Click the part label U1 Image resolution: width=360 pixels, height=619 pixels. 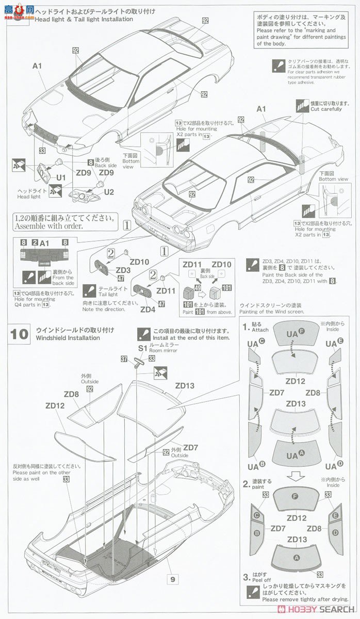click(61, 177)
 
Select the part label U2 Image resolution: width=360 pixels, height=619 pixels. click(108, 192)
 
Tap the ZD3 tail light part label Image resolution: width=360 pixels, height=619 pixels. click(123, 270)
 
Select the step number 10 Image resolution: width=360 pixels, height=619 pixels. click(20, 334)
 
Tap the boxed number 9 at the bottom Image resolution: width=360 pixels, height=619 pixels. click(173, 579)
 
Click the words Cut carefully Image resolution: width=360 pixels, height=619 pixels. click(326, 109)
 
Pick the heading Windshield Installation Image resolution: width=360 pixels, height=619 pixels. click(68, 338)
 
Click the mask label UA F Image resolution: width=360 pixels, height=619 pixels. click(296, 334)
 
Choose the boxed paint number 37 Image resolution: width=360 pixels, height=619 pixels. click(124, 359)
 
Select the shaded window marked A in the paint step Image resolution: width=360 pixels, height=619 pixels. click(296, 557)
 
